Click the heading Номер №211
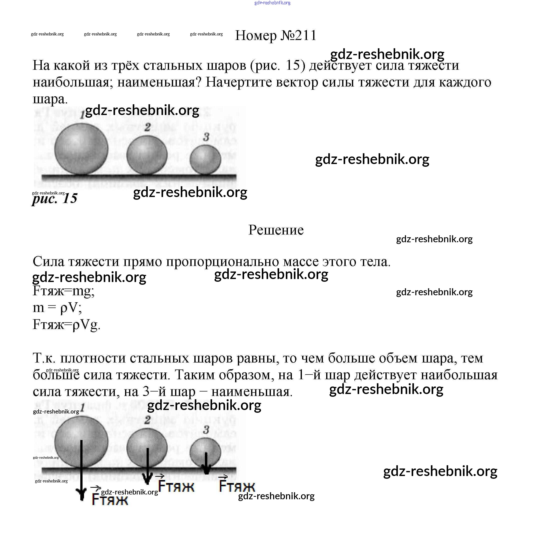click(x=276, y=35)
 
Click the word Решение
click(x=276, y=230)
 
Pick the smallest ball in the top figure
click(x=205, y=159)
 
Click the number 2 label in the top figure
click(x=147, y=127)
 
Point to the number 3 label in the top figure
click(x=206, y=137)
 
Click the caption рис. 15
click(x=55, y=198)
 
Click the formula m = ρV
click(x=57, y=307)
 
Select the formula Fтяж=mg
click(x=64, y=291)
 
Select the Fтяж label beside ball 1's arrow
click(x=110, y=499)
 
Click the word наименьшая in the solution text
click(x=252, y=392)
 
